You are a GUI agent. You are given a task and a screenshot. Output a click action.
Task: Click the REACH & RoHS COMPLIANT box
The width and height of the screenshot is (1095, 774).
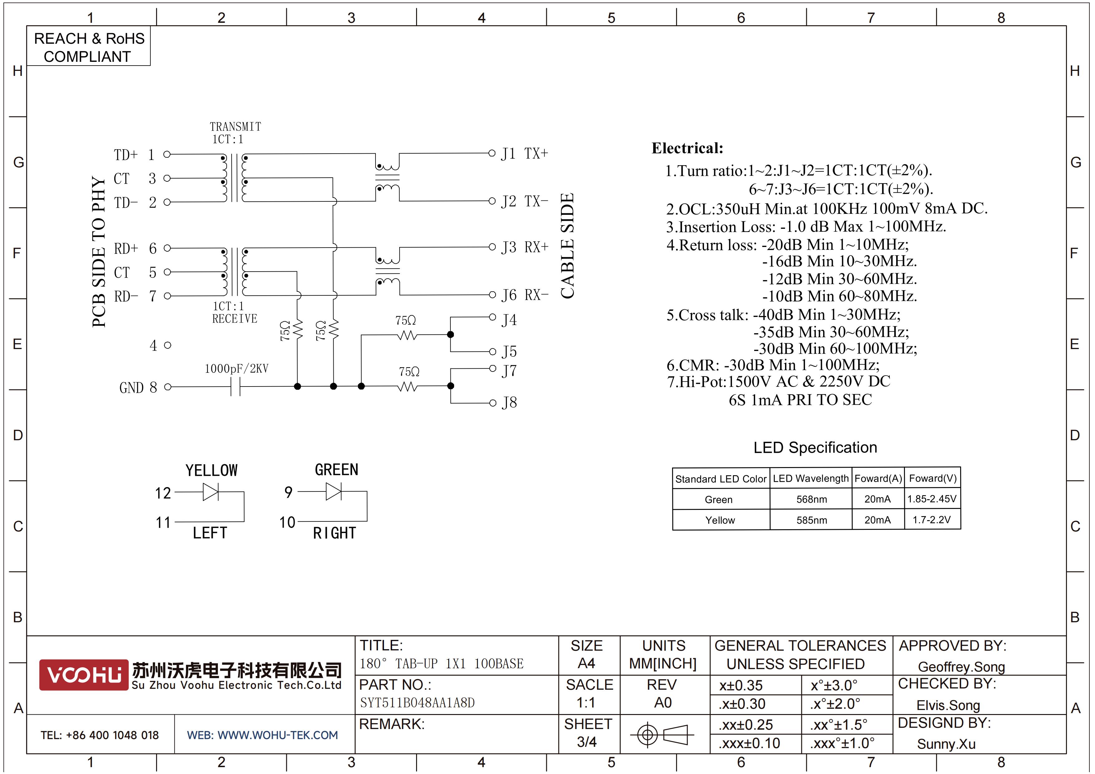(89, 46)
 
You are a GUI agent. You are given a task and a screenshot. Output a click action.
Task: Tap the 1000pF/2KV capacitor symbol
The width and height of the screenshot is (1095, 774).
(235, 387)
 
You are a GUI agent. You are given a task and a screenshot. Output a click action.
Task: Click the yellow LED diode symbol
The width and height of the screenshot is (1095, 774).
(210, 492)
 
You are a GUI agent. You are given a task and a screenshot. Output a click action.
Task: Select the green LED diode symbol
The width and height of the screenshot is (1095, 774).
(333, 491)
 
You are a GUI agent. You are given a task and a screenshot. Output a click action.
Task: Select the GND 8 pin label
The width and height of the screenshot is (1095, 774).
(138, 388)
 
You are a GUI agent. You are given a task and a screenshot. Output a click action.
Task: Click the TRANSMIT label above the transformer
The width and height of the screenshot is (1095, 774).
(236, 127)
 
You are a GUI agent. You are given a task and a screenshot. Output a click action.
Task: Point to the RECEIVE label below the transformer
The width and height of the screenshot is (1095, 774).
(235, 318)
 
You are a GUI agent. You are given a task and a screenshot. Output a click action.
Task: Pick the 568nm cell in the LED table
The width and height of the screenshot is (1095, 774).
(811, 499)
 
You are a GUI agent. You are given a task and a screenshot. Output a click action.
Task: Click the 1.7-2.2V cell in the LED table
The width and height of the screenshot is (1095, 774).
(931, 520)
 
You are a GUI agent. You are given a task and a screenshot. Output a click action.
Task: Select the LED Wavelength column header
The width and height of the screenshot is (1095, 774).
(811, 478)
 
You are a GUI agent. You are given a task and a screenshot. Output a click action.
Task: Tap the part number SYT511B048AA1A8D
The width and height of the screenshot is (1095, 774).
(417, 703)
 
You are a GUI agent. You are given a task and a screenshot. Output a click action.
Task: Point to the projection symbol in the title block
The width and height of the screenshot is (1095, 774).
(662, 734)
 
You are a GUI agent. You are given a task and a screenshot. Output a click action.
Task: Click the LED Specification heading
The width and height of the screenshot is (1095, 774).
(815, 447)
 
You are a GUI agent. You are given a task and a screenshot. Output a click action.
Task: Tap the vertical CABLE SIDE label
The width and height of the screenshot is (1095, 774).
(567, 246)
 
